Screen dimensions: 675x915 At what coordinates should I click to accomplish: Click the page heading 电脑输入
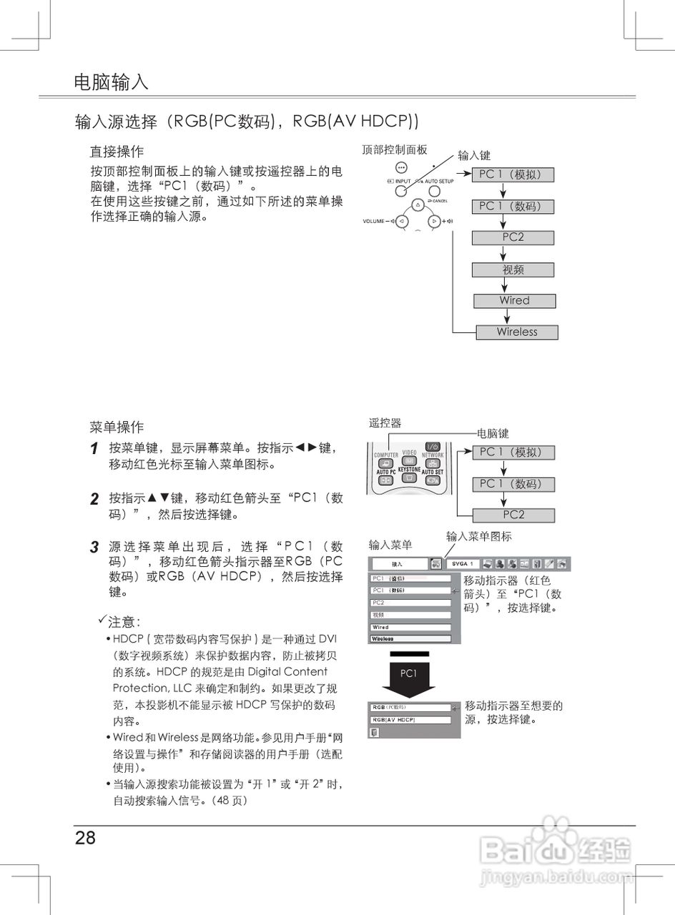click(x=111, y=81)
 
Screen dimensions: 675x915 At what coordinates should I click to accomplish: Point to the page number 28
click(x=85, y=838)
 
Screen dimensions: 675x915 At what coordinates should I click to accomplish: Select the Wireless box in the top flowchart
click(x=517, y=332)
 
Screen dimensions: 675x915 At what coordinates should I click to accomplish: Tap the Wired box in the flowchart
click(x=514, y=301)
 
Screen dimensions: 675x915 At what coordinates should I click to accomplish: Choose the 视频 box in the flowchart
click(x=513, y=270)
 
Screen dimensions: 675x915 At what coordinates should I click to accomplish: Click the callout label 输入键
click(x=474, y=155)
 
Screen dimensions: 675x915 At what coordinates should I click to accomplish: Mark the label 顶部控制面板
click(x=395, y=149)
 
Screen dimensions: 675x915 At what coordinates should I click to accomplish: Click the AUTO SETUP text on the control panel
click(x=438, y=182)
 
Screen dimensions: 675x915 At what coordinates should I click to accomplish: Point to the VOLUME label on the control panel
click(x=375, y=221)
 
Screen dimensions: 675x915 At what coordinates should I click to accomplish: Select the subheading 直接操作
click(x=117, y=152)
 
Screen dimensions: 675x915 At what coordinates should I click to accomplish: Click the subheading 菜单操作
click(x=117, y=427)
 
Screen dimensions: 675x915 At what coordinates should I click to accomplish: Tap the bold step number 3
click(x=94, y=548)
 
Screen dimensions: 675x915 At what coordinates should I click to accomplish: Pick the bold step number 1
click(x=94, y=450)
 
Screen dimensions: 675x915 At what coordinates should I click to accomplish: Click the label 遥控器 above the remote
click(x=385, y=423)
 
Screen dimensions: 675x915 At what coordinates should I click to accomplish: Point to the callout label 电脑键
click(x=493, y=433)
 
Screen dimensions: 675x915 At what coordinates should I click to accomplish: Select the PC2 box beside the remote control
click(x=513, y=515)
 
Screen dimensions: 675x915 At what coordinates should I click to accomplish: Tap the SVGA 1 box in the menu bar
click(x=462, y=564)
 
